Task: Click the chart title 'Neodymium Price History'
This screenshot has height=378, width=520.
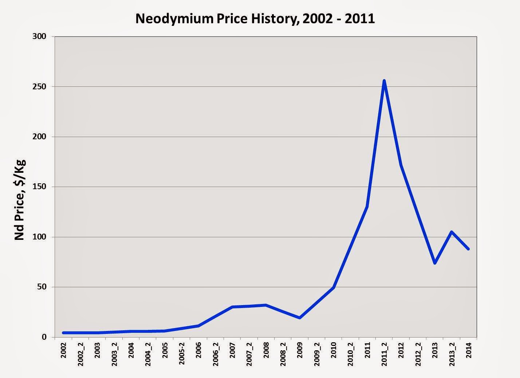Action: point(255,19)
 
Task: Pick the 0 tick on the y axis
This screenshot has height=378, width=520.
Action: point(45,337)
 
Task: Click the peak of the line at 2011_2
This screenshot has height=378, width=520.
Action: point(384,81)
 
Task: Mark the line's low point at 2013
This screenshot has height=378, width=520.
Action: point(435,263)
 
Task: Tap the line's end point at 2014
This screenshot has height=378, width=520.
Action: point(468,249)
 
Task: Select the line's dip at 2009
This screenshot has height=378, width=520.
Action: point(300,318)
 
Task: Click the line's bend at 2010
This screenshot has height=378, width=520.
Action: point(334,288)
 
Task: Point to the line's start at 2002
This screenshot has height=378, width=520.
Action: point(63,332)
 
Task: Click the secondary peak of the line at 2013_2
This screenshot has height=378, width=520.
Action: point(452,232)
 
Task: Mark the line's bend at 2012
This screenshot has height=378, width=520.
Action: point(401,165)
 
